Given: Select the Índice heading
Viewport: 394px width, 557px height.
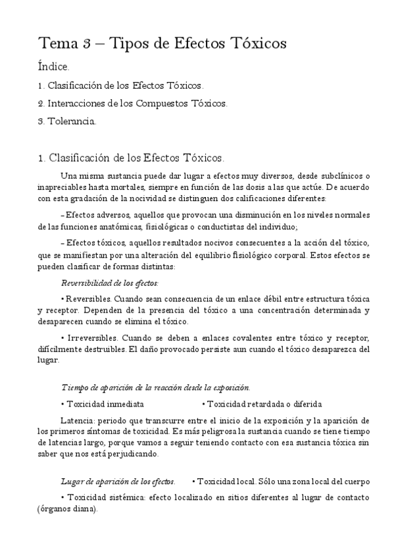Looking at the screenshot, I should tap(53, 67).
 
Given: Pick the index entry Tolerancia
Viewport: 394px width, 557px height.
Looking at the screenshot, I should tap(72, 121).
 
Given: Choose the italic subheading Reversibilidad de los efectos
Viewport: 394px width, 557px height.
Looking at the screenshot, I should tap(110, 282).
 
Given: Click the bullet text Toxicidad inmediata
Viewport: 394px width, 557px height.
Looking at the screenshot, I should tap(105, 404).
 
